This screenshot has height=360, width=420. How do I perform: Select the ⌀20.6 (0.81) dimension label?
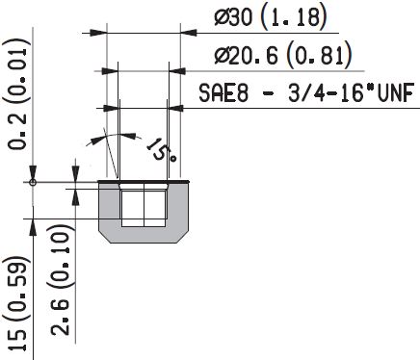[281, 56]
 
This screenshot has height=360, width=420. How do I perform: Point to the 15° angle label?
[161, 148]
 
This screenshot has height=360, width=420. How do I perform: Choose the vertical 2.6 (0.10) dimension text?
[61, 284]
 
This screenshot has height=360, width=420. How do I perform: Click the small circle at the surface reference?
[33, 181]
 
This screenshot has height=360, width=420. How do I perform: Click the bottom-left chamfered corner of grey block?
[106, 235]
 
